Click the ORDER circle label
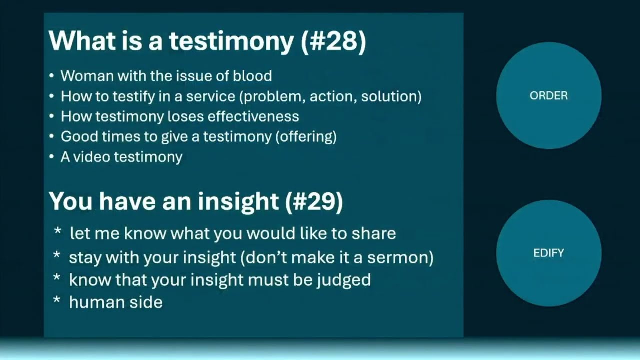tap(548, 96)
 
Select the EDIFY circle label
tap(548, 253)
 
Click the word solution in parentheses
tap(389, 96)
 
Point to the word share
tap(374, 233)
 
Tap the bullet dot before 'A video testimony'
tap(52, 157)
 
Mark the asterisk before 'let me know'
tap(58, 232)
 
